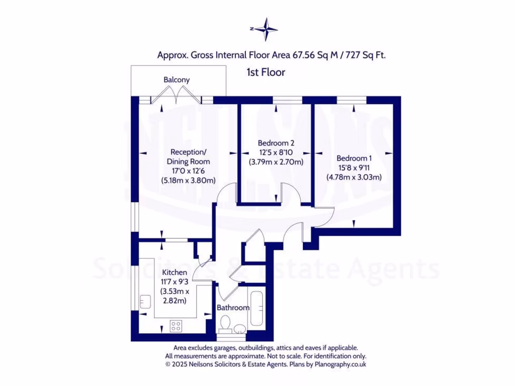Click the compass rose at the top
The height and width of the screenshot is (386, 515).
coord(265,29)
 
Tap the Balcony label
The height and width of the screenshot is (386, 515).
coord(177,80)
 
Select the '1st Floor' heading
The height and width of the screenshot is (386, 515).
coord(266,72)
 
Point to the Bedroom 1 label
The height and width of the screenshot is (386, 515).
coord(354,157)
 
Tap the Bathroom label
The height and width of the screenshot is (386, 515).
coord(233,308)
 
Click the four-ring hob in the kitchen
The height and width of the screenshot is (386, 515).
coord(176,326)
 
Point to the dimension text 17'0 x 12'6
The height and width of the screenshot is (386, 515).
coord(188,171)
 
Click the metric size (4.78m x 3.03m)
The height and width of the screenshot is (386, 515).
coord(354,176)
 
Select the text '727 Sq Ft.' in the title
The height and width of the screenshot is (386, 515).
coord(367,55)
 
